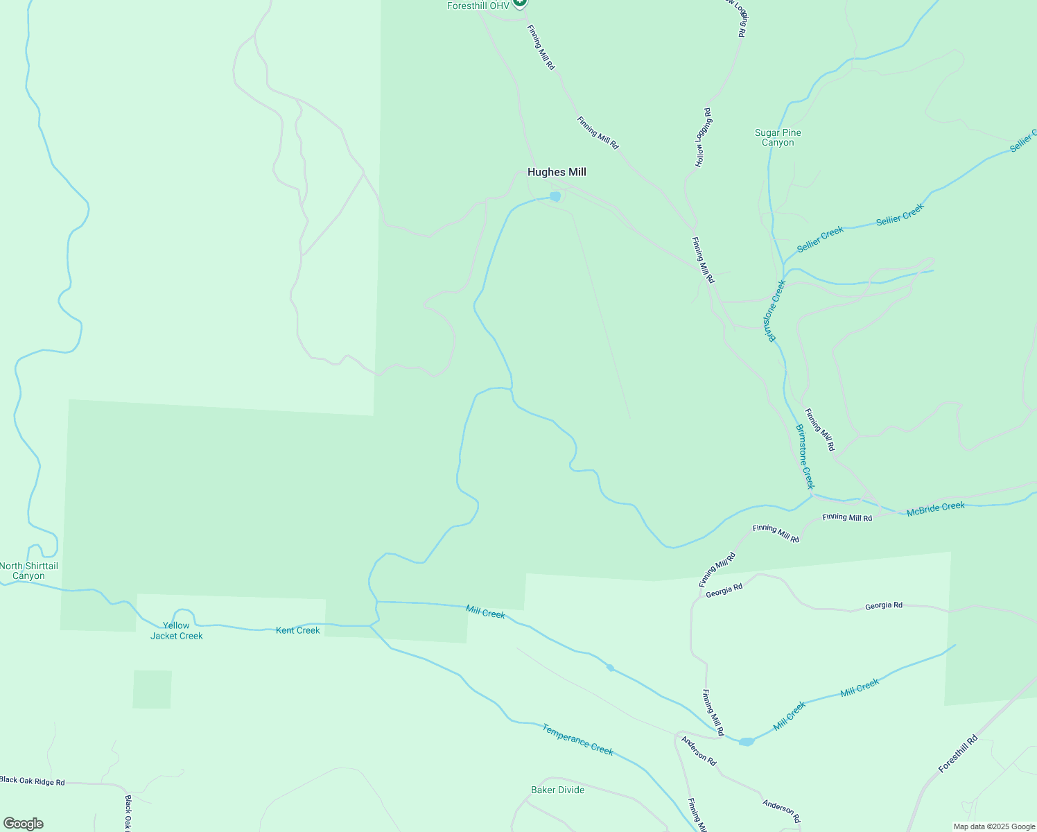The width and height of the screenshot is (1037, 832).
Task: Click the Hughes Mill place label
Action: click(557, 172)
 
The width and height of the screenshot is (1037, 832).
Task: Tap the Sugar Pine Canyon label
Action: click(778, 137)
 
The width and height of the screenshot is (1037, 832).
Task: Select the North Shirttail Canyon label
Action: click(28, 571)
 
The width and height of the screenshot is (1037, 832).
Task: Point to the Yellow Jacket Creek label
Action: click(176, 630)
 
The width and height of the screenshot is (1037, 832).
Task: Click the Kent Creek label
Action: click(298, 630)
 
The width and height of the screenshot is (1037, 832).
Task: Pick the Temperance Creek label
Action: click(577, 739)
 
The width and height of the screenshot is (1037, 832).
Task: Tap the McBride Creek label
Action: click(935, 509)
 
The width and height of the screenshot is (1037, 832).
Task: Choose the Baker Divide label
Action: click(557, 790)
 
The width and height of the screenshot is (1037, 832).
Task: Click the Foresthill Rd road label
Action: click(957, 754)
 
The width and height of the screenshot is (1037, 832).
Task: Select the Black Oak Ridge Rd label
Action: click(33, 781)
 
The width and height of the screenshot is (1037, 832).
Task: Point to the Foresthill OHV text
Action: click(478, 6)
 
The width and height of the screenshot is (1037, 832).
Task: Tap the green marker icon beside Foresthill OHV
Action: click(521, 3)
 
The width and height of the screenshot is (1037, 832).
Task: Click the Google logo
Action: click(23, 824)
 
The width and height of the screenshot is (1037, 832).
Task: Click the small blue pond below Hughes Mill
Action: click(555, 197)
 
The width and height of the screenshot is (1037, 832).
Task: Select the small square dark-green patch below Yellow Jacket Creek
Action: click(152, 689)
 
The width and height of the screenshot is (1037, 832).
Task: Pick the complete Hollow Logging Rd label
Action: click(703, 137)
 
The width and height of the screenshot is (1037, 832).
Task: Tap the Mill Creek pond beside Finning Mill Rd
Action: click(746, 742)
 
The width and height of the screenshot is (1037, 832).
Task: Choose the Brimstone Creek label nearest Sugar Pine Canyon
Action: click(776, 310)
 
